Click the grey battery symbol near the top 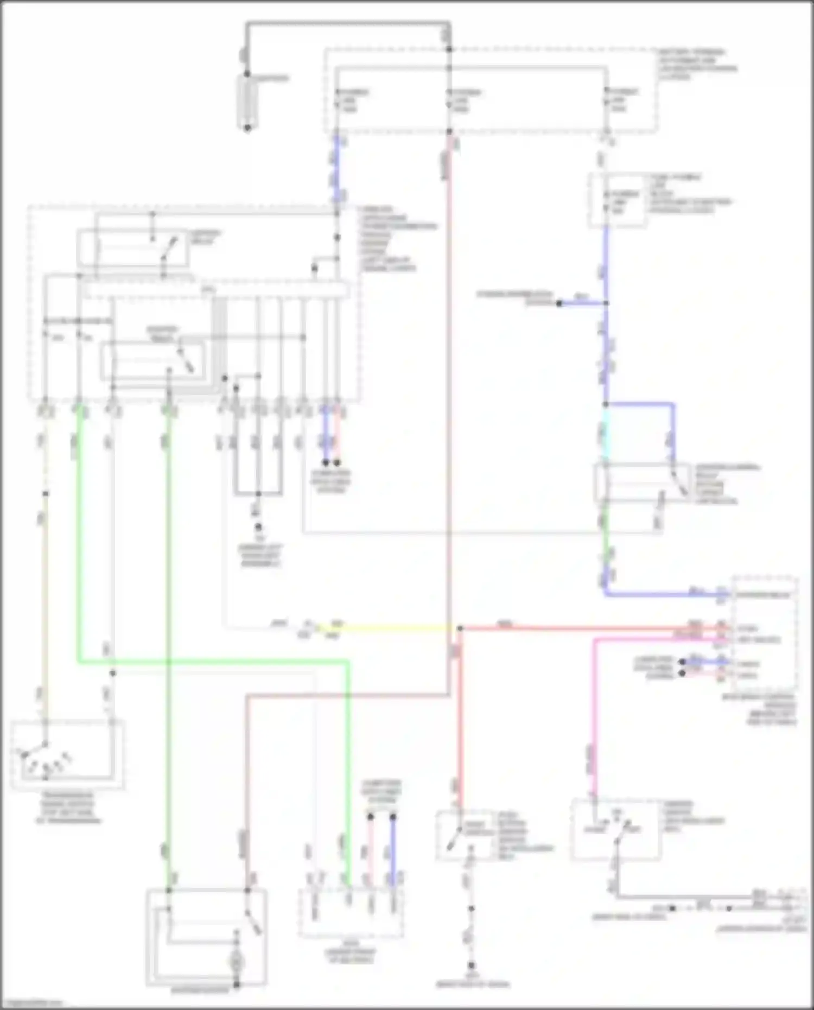(x=247, y=101)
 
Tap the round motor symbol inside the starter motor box (x=237, y=962)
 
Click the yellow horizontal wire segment (x=391, y=628)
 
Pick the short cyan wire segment (x=606, y=434)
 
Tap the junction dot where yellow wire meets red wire (x=460, y=628)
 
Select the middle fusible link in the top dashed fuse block (x=450, y=100)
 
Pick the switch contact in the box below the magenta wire (x=619, y=833)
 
